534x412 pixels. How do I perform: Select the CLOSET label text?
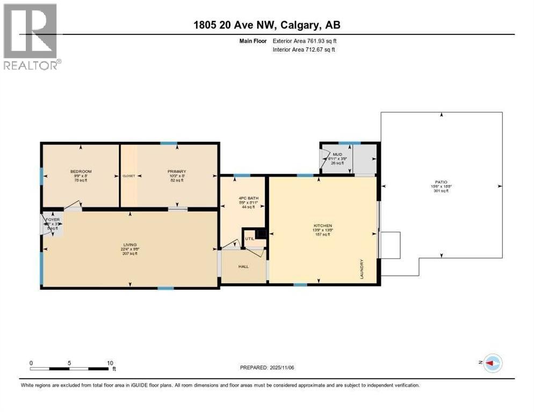pyautogui.click(x=129, y=176)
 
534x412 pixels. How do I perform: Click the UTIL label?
pyautogui.click(x=250, y=239)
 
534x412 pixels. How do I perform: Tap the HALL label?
pyautogui.click(x=244, y=266)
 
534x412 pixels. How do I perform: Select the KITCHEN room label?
pyautogui.click(x=323, y=225)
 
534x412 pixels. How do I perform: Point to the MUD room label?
pyautogui.click(x=337, y=154)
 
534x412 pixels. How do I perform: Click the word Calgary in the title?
pyautogui.click(x=300, y=25)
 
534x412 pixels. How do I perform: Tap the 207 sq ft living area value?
pyautogui.click(x=129, y=253)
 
